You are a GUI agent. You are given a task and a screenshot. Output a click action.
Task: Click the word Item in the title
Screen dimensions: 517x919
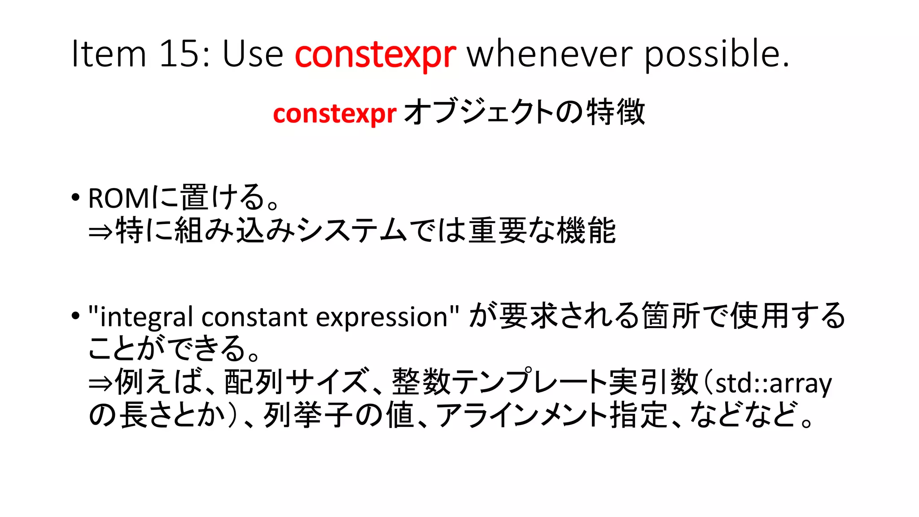(x=109, y=54)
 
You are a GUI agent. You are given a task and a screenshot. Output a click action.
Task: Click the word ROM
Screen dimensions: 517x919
(x=118, y=198)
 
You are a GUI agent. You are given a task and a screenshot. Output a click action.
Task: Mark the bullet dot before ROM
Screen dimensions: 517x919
(x=75, y=197)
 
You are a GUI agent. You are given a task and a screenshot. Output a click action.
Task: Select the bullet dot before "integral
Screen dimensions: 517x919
(x=75, y=315)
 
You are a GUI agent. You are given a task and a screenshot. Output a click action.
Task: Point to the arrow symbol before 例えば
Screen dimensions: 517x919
(x=101, y=383)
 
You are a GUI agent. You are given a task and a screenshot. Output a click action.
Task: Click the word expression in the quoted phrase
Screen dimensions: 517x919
(x=382, y=317)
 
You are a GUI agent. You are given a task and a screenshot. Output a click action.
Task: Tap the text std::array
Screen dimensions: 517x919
(x=773, y=383)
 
